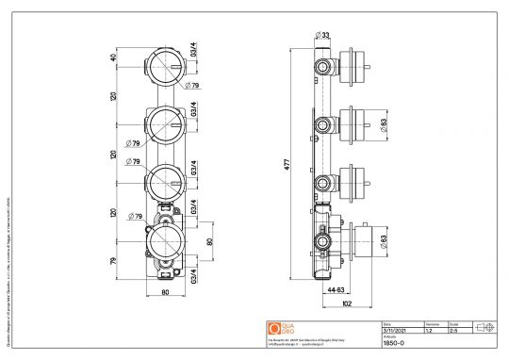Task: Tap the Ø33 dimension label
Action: (323, 35)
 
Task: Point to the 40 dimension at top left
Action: (115, 58)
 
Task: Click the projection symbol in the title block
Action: (486, 327)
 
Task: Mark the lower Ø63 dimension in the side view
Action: (384, 242)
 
